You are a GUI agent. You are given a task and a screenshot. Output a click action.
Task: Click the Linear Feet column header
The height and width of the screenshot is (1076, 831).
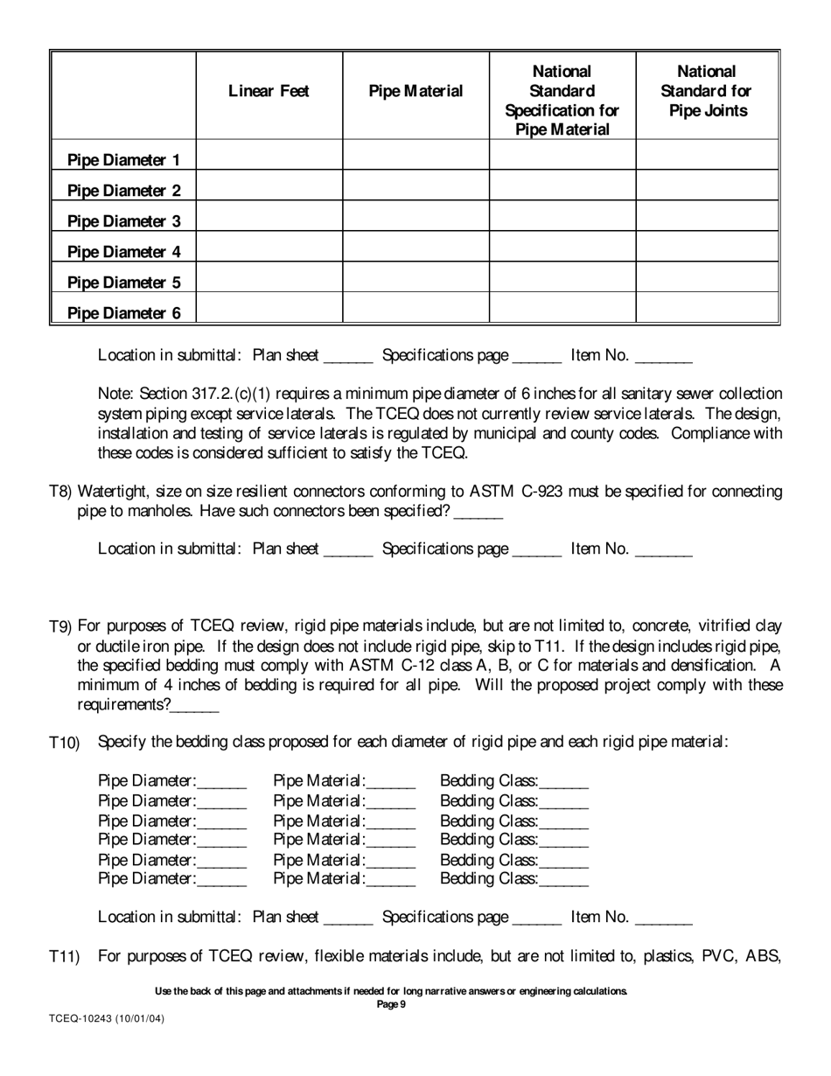coord(269,91)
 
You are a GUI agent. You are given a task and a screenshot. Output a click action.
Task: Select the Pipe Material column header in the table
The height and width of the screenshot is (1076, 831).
coord(415,91)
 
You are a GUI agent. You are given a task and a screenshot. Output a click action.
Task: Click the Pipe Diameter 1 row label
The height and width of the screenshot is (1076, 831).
coord(124,160)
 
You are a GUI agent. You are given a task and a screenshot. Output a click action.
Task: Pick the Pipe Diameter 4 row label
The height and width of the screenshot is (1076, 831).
coord(124,252)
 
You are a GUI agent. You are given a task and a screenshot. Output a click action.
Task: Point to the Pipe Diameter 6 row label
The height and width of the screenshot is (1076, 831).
coord(124,313)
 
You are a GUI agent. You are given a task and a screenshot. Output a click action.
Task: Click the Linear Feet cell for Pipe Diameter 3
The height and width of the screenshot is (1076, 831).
coord(269,216)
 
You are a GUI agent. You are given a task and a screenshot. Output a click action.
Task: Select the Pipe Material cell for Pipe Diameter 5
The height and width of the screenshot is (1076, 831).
coord(415,277)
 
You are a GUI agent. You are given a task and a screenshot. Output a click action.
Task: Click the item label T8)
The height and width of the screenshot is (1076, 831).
coord(62,493)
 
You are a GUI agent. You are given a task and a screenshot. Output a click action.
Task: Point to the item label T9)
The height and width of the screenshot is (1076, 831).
coord(62,626)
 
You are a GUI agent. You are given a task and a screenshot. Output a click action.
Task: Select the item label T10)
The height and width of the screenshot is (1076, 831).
coord(65,743)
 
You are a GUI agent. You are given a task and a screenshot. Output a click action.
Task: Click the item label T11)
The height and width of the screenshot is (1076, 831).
coord(65,957)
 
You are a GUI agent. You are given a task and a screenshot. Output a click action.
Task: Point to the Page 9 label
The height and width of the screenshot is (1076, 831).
coord(390,1004)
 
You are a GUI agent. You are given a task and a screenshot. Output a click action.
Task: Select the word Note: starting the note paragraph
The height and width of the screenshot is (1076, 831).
coord(115,395)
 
